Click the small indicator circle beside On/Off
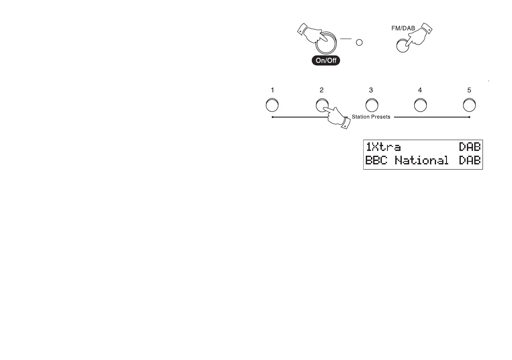click(x=359, y=43)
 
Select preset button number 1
click(x=272, y=105)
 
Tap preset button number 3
click(x=371, y=105)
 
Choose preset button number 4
click(x=420, y=105)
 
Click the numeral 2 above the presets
click(x=322, y=90)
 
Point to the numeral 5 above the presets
click(x=469, y=90)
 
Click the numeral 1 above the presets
click(x=272, y=90)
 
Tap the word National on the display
click(x=421, y=160)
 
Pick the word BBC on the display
click(x=377, y=160)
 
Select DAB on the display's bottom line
click(x=470, y=160)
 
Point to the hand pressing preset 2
click(x=336, y=118)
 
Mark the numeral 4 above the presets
click(x=420, y=90)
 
